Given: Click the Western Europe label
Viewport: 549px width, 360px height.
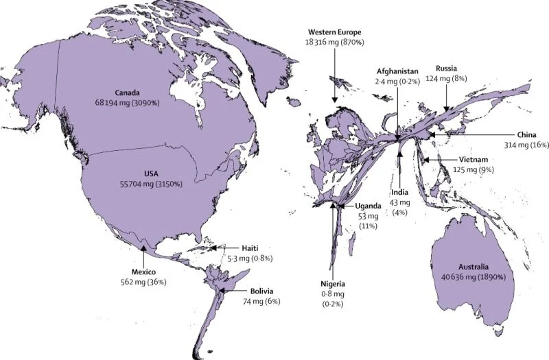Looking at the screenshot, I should click(x=335, y=32).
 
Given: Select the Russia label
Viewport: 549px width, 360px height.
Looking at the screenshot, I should click(x=447, y=69).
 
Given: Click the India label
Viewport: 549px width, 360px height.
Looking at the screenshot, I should click(x=400, y=193).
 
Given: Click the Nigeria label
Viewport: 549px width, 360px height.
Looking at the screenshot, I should click(x=333, y=284).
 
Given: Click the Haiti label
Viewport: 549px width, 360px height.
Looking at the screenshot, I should click(x=250, y=248).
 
